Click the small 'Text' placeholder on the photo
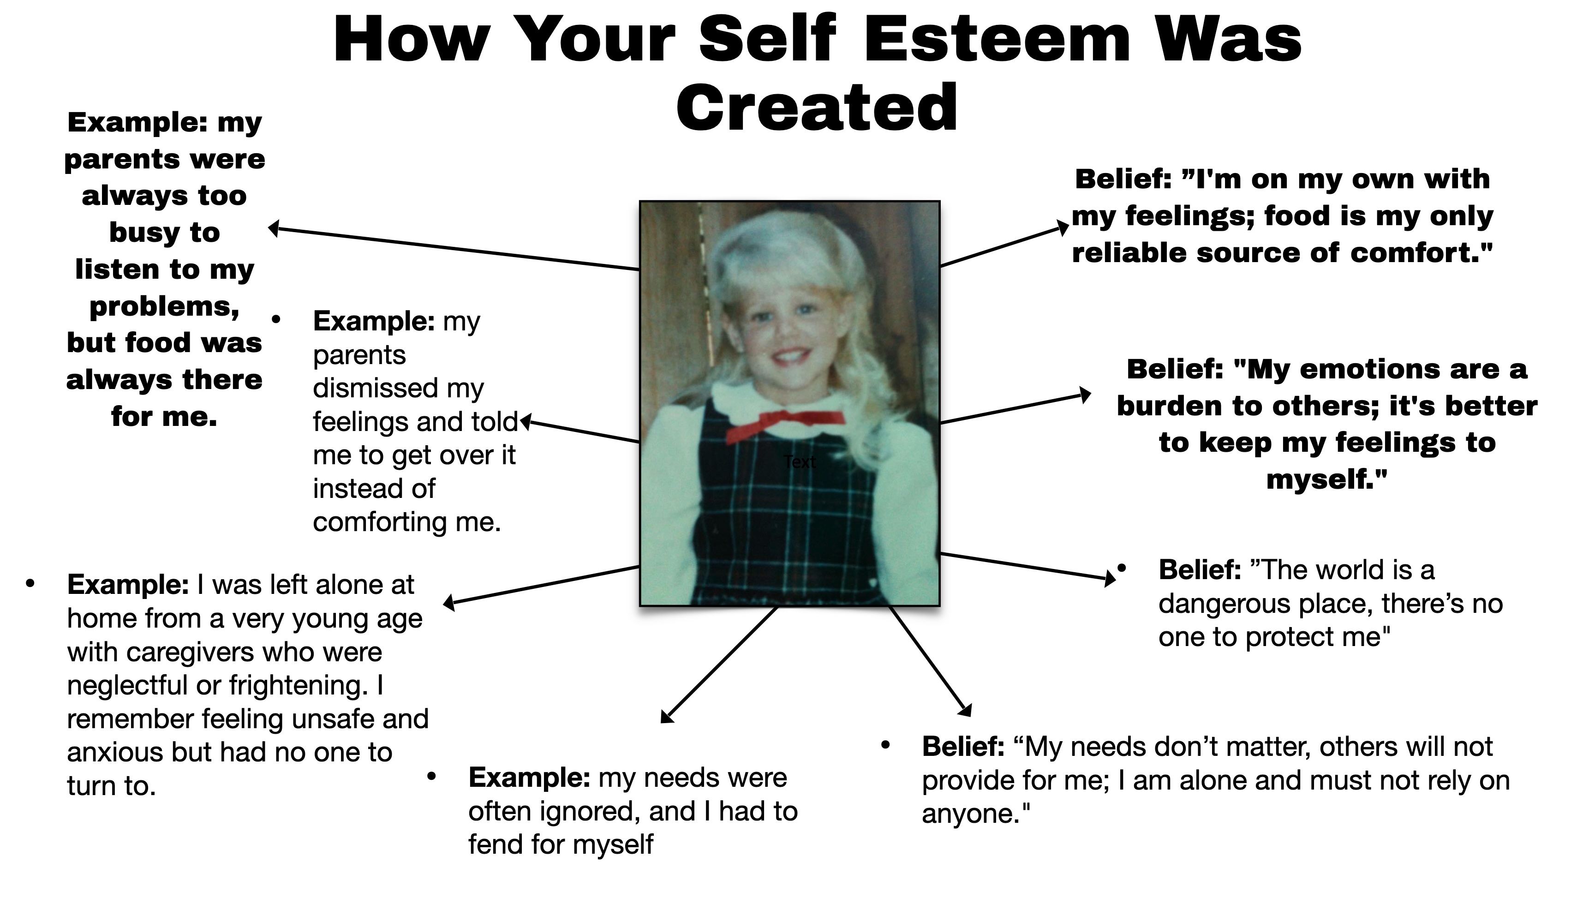click(x=800, y=461)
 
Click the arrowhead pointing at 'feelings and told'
click(x=526, y=422)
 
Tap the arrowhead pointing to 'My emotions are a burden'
click(x=1085, y=395)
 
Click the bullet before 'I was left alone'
click(x=30, y=583)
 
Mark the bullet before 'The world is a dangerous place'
click(x=1122, y=569)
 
